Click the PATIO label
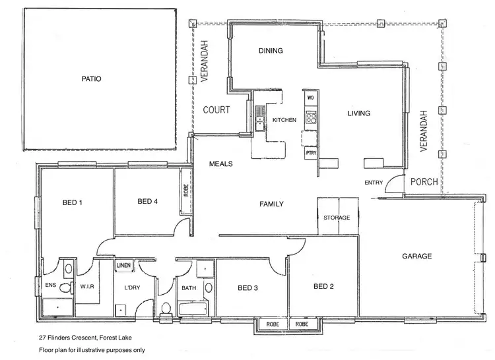pyautogui.click(x=91, y=78)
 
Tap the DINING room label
pyautogui.click(x=271, y=51)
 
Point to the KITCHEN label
pyautogui.click(x=284, y=120)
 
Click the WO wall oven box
pyautogui.click(x=310, y=98)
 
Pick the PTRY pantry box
pyautogui.click(x=310, y=153)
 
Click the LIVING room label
pyautogui.click(x=359, y=113)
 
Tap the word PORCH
pyautogui.click(x=423, y=182)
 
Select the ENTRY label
pyautogui.click(x=374, y=182)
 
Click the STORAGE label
pyautogui.click(x=337, y=218)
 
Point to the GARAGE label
pyautogui.click(x=416, y=256)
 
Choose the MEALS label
pyautogui.click(x=221, y=164)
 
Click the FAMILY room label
pyautogui.click(x=271, y=204)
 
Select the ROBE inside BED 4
pyautogui.click(x=186, y=191)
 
